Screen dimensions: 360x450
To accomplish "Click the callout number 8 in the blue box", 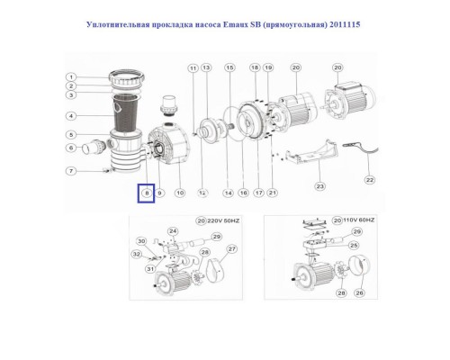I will click(145, 192).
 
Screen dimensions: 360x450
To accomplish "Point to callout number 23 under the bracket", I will click(319, 186).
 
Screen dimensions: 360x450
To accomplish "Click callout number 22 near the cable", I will click(367, 179).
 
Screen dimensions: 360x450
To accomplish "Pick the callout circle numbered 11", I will click(192, 68).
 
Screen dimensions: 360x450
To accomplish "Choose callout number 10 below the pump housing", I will click(179, 192).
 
